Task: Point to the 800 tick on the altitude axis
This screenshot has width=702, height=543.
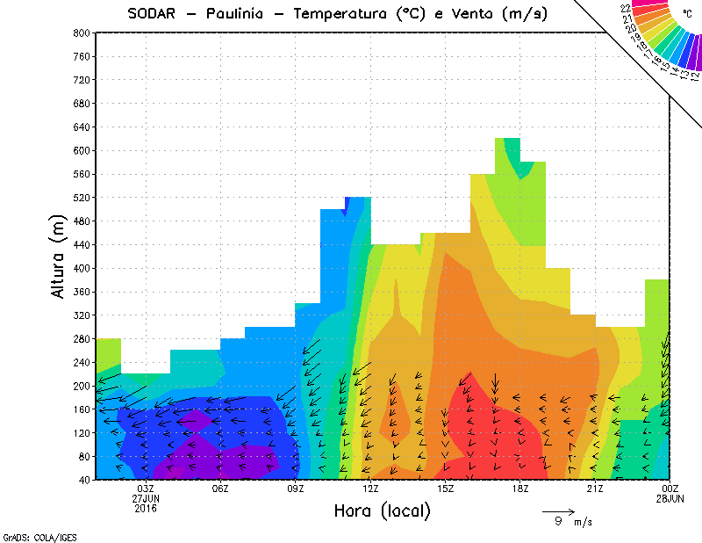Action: pos(82,33)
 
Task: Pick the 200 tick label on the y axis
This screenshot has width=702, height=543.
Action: pos(82,386)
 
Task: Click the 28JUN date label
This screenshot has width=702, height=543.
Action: pos(670,499)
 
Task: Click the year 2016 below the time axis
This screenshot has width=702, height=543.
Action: pos(146,509)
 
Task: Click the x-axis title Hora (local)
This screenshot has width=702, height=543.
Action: pos(382,510)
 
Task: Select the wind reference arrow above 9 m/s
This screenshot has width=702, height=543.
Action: pos(558,510)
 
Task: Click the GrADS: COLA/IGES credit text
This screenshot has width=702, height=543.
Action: pos(32,535)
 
